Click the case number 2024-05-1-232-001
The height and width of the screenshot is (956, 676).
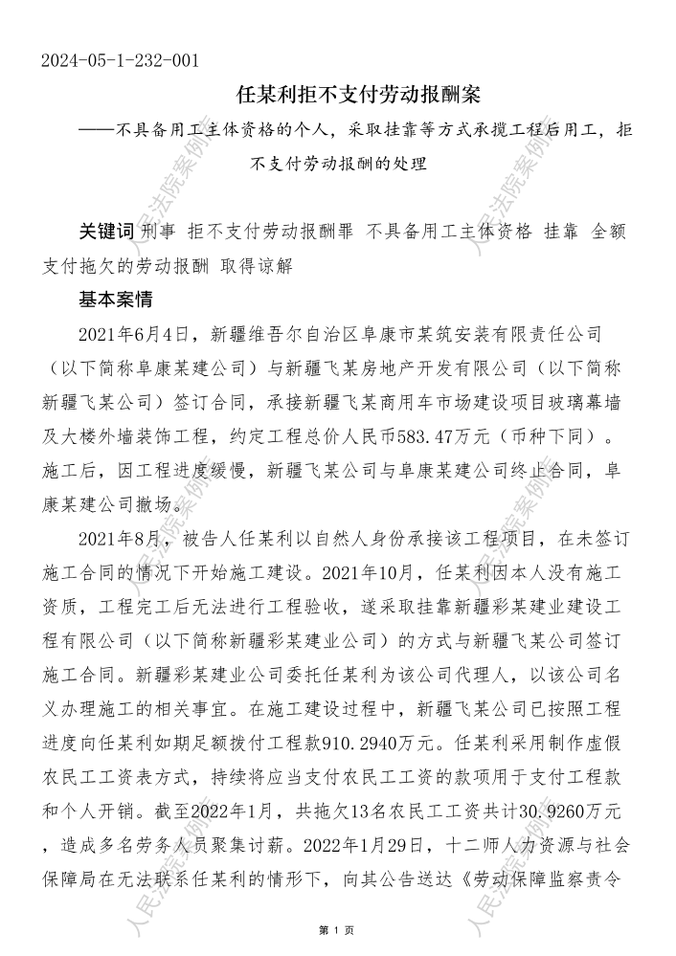pyautogui.click(x=120, y=61)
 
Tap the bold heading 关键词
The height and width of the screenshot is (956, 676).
pyautogui.click(x=106, y=232)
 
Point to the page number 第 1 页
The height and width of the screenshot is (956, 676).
pyautogui.click(x=337, y=929)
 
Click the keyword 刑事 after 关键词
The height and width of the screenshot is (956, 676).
pyautogui.click(x=159, y=232)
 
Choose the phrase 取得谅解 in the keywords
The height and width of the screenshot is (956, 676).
pyautogui.click(x=259, y=265)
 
